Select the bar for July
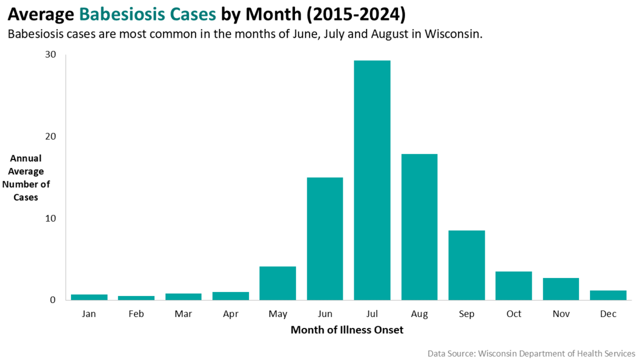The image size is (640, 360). pos(372,180)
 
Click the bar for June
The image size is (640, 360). pos(325,238)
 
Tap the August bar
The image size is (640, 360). pos(419,227)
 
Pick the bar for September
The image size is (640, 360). pos(466,265)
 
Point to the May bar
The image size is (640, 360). pos(278,283)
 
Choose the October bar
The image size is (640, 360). pos(513,286)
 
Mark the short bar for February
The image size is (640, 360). pos(136,298)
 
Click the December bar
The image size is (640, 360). pos(608,295)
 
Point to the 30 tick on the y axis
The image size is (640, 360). pos(51,55)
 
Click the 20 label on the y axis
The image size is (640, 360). pos(51,137)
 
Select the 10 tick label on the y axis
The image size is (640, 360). pos(51,219)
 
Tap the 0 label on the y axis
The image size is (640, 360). pos(52,300)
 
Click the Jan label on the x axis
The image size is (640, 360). pos(89,314)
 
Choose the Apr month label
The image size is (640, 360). pos(230,314)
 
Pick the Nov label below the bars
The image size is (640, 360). pos(561,314)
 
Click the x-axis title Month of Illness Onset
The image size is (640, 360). pos(347,330)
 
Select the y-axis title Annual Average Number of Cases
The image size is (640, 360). pos(26,177)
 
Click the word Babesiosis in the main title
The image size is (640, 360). pos(115,13)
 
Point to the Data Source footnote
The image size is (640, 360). pos(531,353)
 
